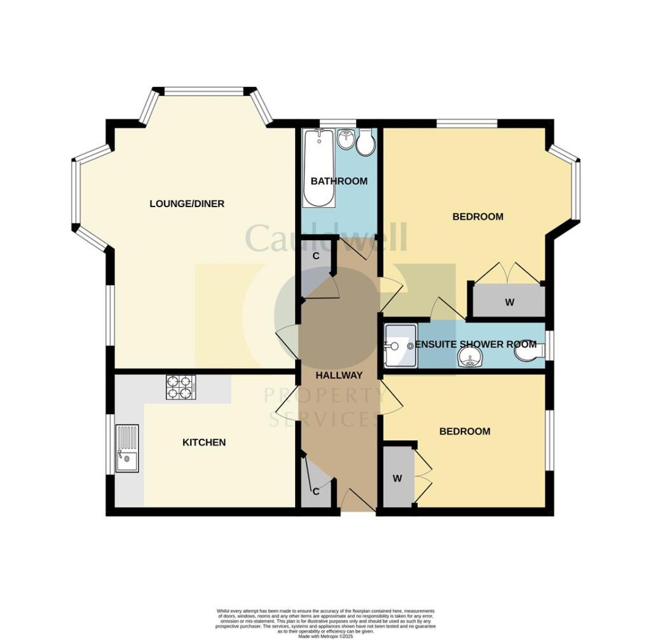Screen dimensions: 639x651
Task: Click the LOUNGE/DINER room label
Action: coord(187,204)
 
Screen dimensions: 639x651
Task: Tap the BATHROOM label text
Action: coord(339,181)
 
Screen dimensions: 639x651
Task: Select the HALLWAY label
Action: coord(339,375)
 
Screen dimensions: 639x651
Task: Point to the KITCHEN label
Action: coord(204,442)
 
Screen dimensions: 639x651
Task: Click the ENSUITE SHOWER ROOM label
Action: coord(476,344)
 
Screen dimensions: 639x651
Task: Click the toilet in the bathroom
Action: coord(365,143)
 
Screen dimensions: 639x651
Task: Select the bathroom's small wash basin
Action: coord(346,138)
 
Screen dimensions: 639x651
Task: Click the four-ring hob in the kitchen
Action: coord(181,387)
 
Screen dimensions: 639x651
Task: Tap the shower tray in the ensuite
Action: coord(399,346)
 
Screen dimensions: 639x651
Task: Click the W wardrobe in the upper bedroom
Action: coord(509,302)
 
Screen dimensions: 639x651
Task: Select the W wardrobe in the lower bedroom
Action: coord(397,478)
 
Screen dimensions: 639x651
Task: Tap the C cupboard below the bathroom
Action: coord(315,256)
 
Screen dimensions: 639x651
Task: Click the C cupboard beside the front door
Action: coord(315,491)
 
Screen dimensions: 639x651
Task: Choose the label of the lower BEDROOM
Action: coord(465,431)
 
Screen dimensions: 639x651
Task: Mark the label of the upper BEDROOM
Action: coord(477,217)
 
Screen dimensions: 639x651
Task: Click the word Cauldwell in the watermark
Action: coord(325,238)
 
